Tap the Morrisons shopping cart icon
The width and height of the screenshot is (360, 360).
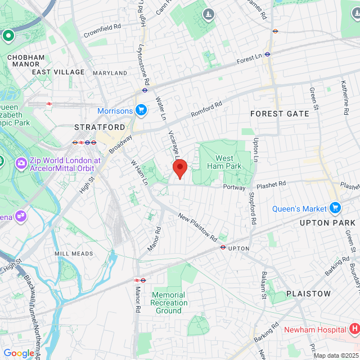click(141, 110)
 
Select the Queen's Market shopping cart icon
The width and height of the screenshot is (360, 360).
click(335, 208)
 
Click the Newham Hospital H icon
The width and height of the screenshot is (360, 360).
click(354, 328)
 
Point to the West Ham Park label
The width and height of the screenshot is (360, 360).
click(224, 162)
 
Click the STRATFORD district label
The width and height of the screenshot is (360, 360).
click(100, 128)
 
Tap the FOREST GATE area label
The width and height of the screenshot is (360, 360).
click(280, 114)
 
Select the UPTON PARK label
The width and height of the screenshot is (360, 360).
click(328, 223)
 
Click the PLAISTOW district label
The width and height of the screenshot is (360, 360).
click(308, 294)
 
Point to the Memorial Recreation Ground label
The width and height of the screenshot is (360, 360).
click(168, 303)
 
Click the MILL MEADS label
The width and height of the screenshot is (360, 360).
click(73, 254)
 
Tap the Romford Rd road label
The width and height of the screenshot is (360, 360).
click(206, 109)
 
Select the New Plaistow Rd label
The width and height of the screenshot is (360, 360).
click(197, 227)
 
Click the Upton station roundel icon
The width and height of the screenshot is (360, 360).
click(223, 247)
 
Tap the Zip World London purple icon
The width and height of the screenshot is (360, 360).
click(21, 164)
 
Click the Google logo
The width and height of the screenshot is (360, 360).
click(19, 353)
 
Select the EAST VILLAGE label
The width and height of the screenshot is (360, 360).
click(58, 72)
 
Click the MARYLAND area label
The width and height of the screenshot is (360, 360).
click(110, 73)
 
